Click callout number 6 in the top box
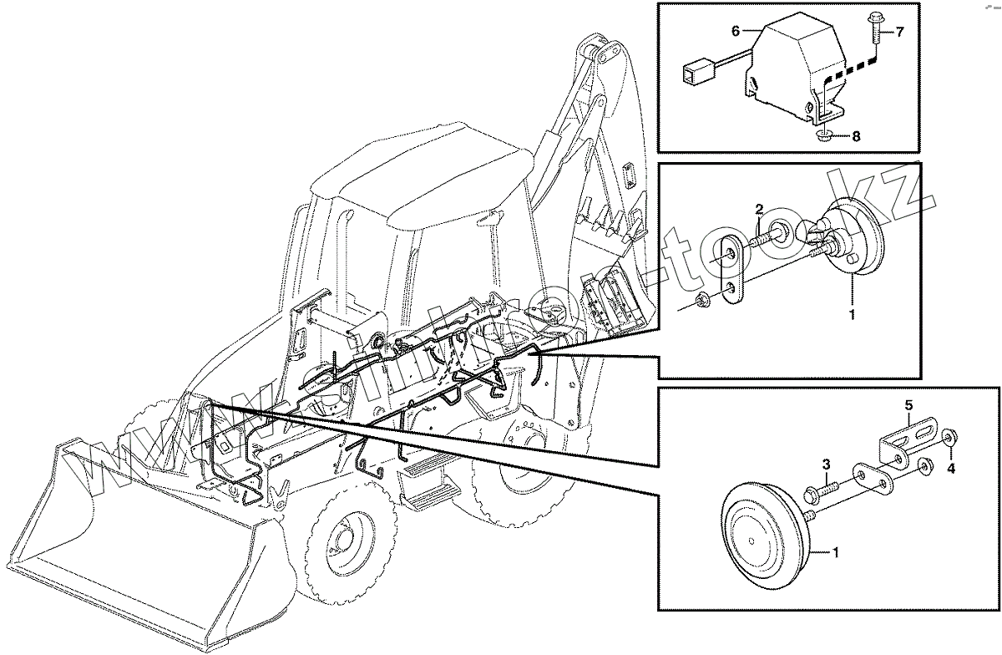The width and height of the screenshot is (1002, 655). point(736,31)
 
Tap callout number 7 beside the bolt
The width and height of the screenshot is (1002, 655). point(900,33)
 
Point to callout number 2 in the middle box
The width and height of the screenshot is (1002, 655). point(760,208)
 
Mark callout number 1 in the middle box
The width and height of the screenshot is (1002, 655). point(852,316)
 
